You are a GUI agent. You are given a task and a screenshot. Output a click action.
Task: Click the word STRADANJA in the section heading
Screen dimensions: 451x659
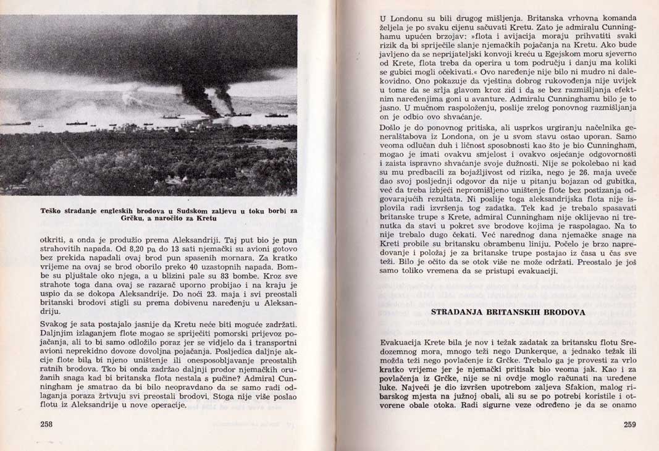tap(460, 312)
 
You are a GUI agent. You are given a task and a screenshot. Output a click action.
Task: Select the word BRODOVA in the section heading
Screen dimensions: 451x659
tap(565, 312)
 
